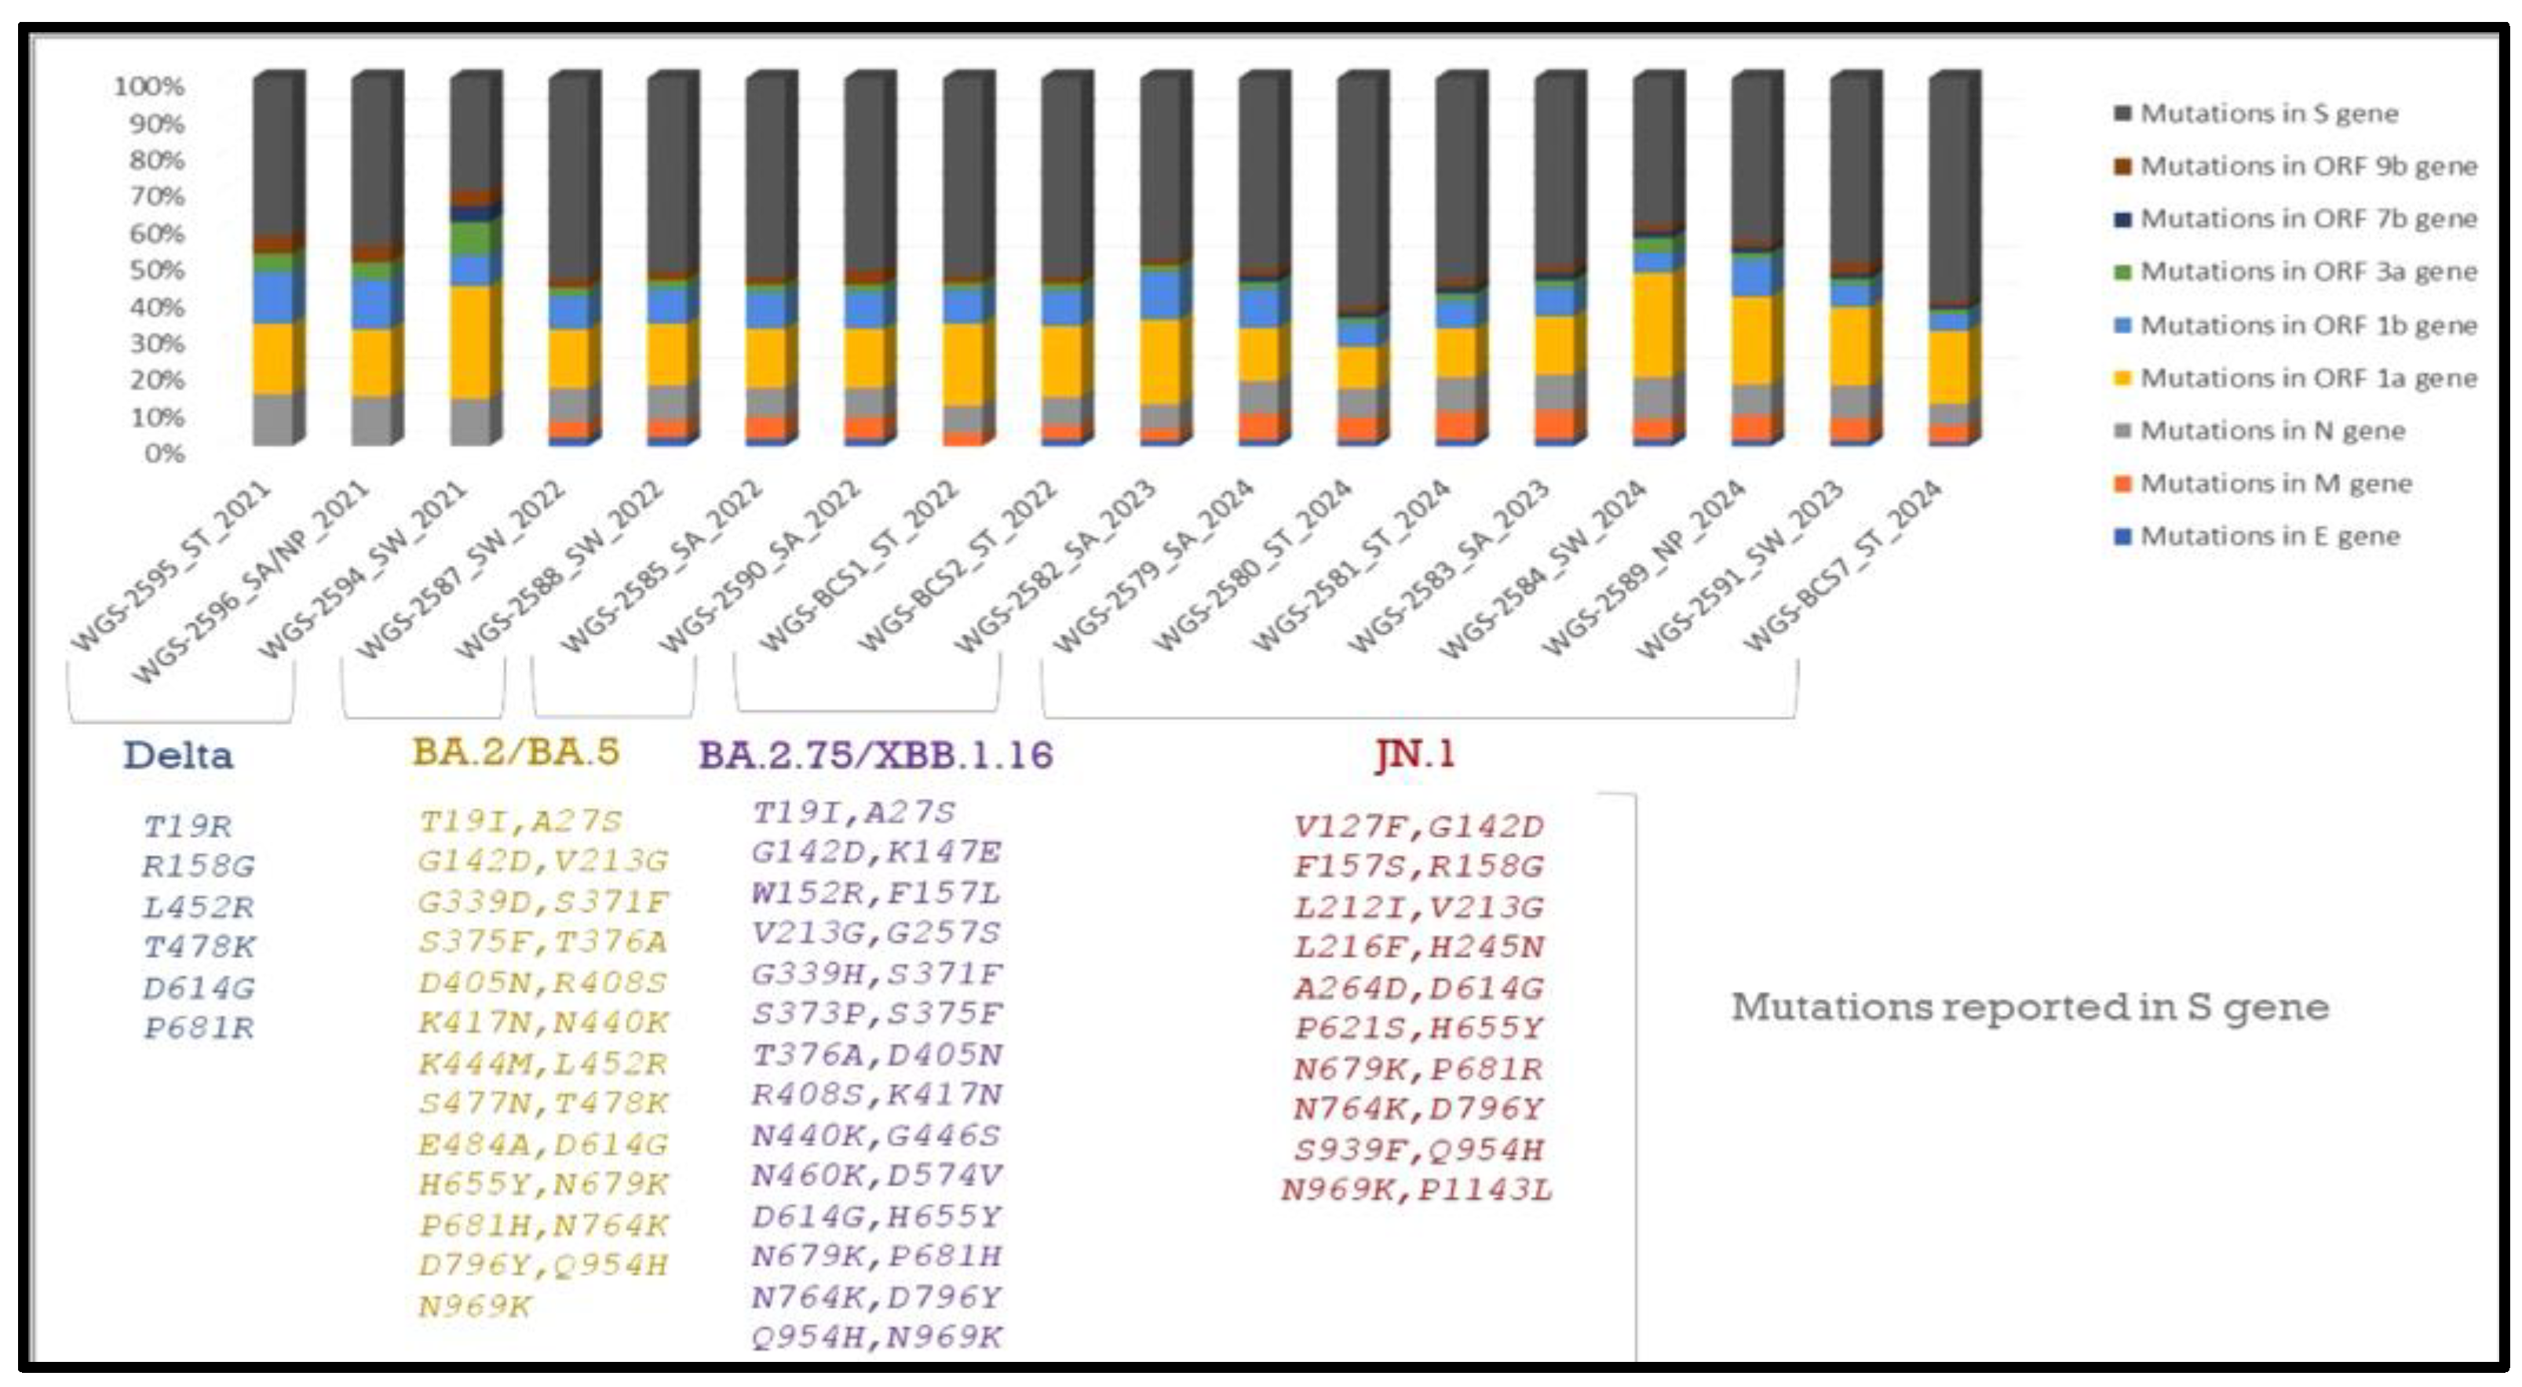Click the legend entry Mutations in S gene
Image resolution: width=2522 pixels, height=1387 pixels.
pos(2268,114)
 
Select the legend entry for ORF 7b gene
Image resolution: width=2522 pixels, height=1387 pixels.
pos(2307,218)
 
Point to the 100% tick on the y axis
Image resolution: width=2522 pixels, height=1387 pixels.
pos(149,86)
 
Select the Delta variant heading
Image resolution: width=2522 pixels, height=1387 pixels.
pos(178,755)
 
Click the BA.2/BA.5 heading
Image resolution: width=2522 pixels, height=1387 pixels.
pos(516,752)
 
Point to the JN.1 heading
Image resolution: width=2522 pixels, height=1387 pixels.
pos(1414,754)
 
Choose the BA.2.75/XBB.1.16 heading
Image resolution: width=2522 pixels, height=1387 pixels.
pos(875,755)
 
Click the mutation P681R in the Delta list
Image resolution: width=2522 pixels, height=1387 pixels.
pos(199,1028)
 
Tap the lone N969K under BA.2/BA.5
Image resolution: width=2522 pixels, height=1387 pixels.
pos(475,1305)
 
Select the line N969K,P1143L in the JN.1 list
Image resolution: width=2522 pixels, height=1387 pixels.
pos(1417,1190)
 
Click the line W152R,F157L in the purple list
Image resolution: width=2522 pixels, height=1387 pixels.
pos(876,893)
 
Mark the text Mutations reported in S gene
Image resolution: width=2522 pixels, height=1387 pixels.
pos(2030,1007)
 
